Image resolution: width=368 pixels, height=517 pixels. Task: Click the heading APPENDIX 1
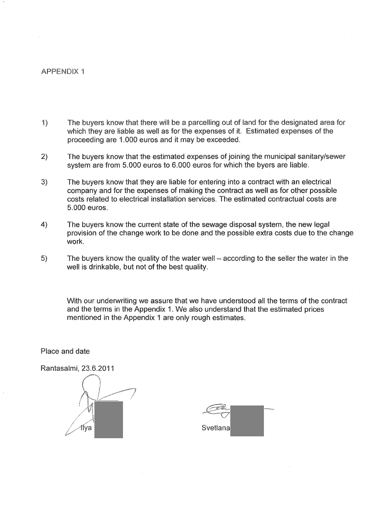pyautogui.click(x=63, y=71)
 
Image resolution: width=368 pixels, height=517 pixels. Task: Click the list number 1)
pyautogui.click(x=44, y=123)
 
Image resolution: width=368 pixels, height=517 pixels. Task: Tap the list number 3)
pyautogui.click(x=44, y=182)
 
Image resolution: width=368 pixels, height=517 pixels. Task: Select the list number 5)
pyautogui.click(x=44, y=258)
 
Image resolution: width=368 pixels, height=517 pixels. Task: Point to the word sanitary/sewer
pyautogui.click(x=322, y=157)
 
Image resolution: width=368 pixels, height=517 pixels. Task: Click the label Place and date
pyautogui.click(x=65, y=352)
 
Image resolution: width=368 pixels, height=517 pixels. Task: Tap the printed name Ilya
pyautogui.click(x=86, y=428)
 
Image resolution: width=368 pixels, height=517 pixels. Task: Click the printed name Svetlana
pyautogui.click(x=215, y=428)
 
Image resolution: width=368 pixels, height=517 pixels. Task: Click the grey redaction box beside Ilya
pyautogui.click(x=108, y=419)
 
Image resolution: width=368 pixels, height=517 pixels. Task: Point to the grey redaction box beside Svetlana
pyautogui.click(x=247, y=421)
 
